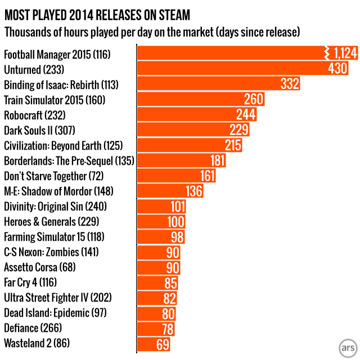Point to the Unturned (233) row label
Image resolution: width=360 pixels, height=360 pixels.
pos(34,70)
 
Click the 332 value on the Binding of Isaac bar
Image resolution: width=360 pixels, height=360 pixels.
pos(289,84)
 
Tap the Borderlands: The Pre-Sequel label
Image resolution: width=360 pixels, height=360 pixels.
pos(69,160)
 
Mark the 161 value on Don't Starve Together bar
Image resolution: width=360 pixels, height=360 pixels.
pos(208,175)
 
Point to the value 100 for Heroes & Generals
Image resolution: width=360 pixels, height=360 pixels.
pos(177,221)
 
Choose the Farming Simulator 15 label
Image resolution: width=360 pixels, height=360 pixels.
pos(54,236)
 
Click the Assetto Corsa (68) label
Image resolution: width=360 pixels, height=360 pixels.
pos(39,267)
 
